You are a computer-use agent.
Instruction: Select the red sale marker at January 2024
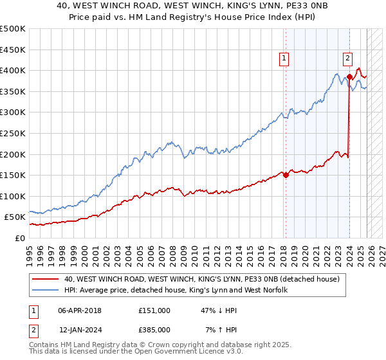click(x=349, y=77)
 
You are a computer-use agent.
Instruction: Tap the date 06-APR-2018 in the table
click(x=80, y=310)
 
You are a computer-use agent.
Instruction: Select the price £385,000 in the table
click(x=154, y=329)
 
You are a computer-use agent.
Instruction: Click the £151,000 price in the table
click(x=154, y=310)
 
